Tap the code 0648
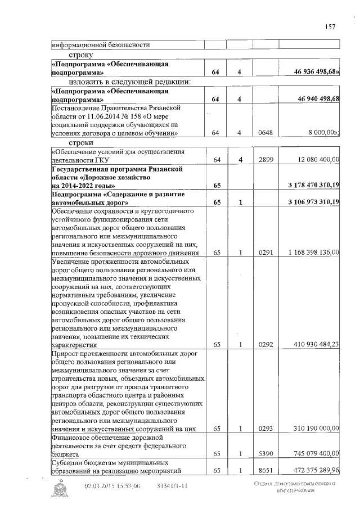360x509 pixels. click(x=265, y=133)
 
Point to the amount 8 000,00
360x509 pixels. click(x=323, y=133)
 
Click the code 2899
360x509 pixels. click(x=265, y=160)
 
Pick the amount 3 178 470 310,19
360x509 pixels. click(x=313, y=185)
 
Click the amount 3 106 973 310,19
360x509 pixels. click(x=313, y=202)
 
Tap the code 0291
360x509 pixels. click(x=265, y=253)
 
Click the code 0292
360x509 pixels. click(x=265, y=345)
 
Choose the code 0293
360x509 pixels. click(x=265, y=429)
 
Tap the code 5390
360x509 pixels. click(x=265, y=453)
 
